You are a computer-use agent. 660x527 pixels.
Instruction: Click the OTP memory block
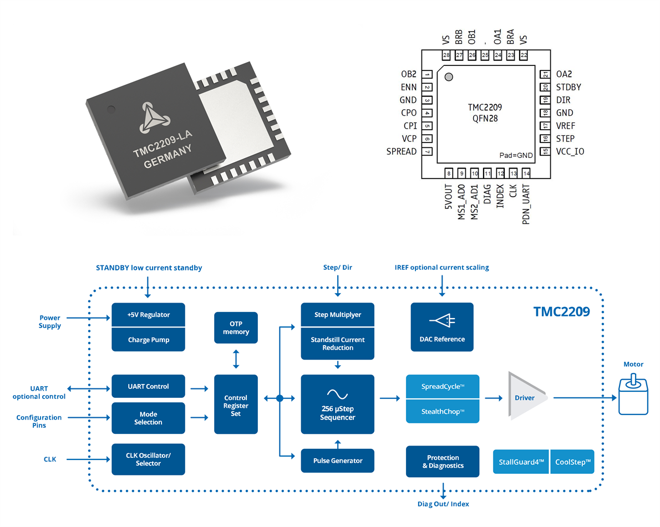click(x=236, y=328)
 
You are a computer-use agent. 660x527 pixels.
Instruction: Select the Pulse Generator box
click(x=338, y=461)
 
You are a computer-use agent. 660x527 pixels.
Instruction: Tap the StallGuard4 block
click(x=521, y=462)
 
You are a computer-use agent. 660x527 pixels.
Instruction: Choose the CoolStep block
click(x=572, y=462)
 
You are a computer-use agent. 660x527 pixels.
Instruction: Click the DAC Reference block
click(x=442, y=327)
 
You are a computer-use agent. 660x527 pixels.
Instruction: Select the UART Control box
click(x=148, y=386)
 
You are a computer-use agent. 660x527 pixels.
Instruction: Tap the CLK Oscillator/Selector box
click(x=148, y=459)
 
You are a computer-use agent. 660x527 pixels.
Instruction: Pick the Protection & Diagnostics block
click(x=443, y=462)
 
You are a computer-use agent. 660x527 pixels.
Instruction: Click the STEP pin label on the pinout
click(x=565, y=139)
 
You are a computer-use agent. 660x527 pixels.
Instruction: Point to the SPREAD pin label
click(x=402, y=151)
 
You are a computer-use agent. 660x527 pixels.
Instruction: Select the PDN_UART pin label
click(x=526, y=204)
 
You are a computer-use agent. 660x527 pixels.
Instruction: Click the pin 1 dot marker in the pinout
click(x=449, y=77)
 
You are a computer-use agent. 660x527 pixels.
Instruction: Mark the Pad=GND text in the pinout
click(x=516, y=155)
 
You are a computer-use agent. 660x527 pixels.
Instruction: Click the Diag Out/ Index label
click(x=443, y=504)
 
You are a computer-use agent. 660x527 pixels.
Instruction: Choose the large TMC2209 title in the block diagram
click(x=561, y=311)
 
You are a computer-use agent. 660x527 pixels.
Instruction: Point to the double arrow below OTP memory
click(x=236, y=359)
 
